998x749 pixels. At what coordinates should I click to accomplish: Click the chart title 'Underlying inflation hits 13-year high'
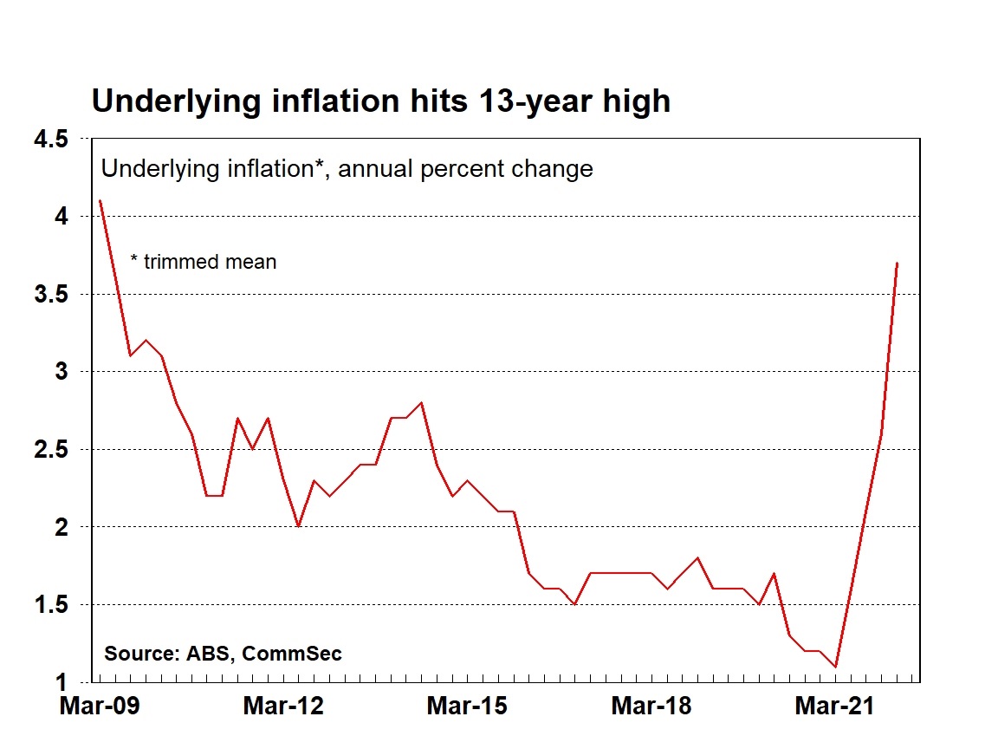[380, 101]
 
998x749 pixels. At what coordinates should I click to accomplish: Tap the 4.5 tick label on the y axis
[49, 139]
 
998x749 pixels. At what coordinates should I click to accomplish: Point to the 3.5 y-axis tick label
[49, 294]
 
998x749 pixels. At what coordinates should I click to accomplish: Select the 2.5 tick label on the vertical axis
[49, 449]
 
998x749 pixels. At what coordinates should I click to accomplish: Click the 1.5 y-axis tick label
[49, 604]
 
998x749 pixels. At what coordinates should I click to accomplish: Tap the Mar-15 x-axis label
[467, 706]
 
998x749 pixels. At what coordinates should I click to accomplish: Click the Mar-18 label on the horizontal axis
[651, 706]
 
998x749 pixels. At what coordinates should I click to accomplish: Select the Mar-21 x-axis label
[835, 706]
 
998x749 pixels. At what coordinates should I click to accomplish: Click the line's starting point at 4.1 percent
[100, 201]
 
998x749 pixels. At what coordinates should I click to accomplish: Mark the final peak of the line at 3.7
[897, 263]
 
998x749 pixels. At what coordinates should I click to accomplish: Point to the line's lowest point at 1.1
[835, 667]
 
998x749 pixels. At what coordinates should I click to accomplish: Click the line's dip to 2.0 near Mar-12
[298, 526]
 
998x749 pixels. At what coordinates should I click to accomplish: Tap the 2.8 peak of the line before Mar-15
[421, 402]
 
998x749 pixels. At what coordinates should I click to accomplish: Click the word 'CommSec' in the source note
[292, 653]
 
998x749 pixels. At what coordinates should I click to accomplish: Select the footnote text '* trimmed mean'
[203, 261]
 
